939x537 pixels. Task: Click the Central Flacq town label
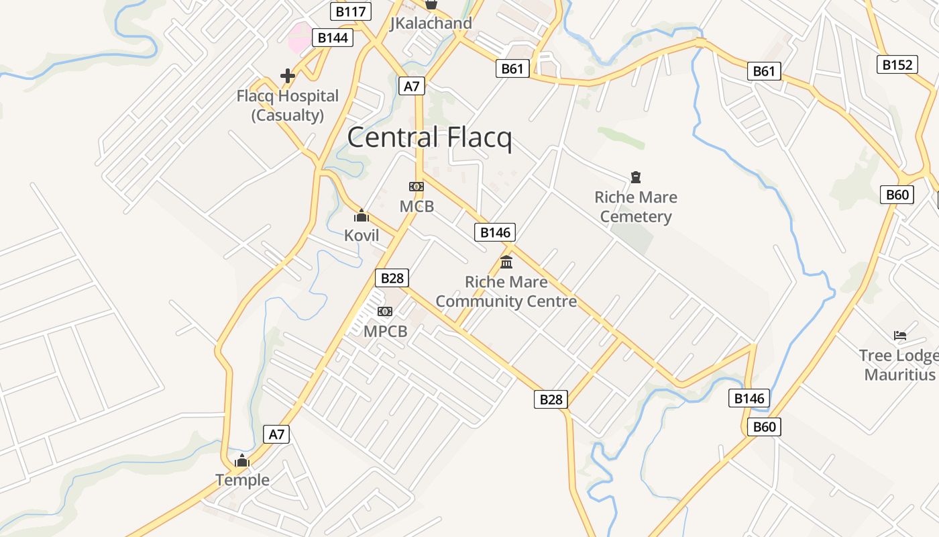[429, 138]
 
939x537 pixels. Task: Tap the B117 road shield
[350, 11]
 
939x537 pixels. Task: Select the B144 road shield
[333, 38]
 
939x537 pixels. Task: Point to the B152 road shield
[897, 64]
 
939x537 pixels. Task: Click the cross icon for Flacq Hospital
[288, 76]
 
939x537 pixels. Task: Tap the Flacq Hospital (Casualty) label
[287, 105]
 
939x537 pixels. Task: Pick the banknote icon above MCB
[417, 187]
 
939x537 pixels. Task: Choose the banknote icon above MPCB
[385, 311]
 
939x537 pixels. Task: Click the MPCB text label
[385, 331]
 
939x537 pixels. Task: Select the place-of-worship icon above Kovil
[362, 215]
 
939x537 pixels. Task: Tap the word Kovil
[362, 236]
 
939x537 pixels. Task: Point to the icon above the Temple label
[242, 460]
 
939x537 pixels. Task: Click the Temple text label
[242, 480]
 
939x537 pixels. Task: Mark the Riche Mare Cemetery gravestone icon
[635, 177]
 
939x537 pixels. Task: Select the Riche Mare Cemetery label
[635, 207]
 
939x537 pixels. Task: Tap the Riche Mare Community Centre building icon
[506, 262]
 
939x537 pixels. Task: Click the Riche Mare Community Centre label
[506, 291]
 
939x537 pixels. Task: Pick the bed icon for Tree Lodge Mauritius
[900, 335]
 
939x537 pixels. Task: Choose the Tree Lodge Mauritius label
[899, 364]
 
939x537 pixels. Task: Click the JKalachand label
[431, 23]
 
